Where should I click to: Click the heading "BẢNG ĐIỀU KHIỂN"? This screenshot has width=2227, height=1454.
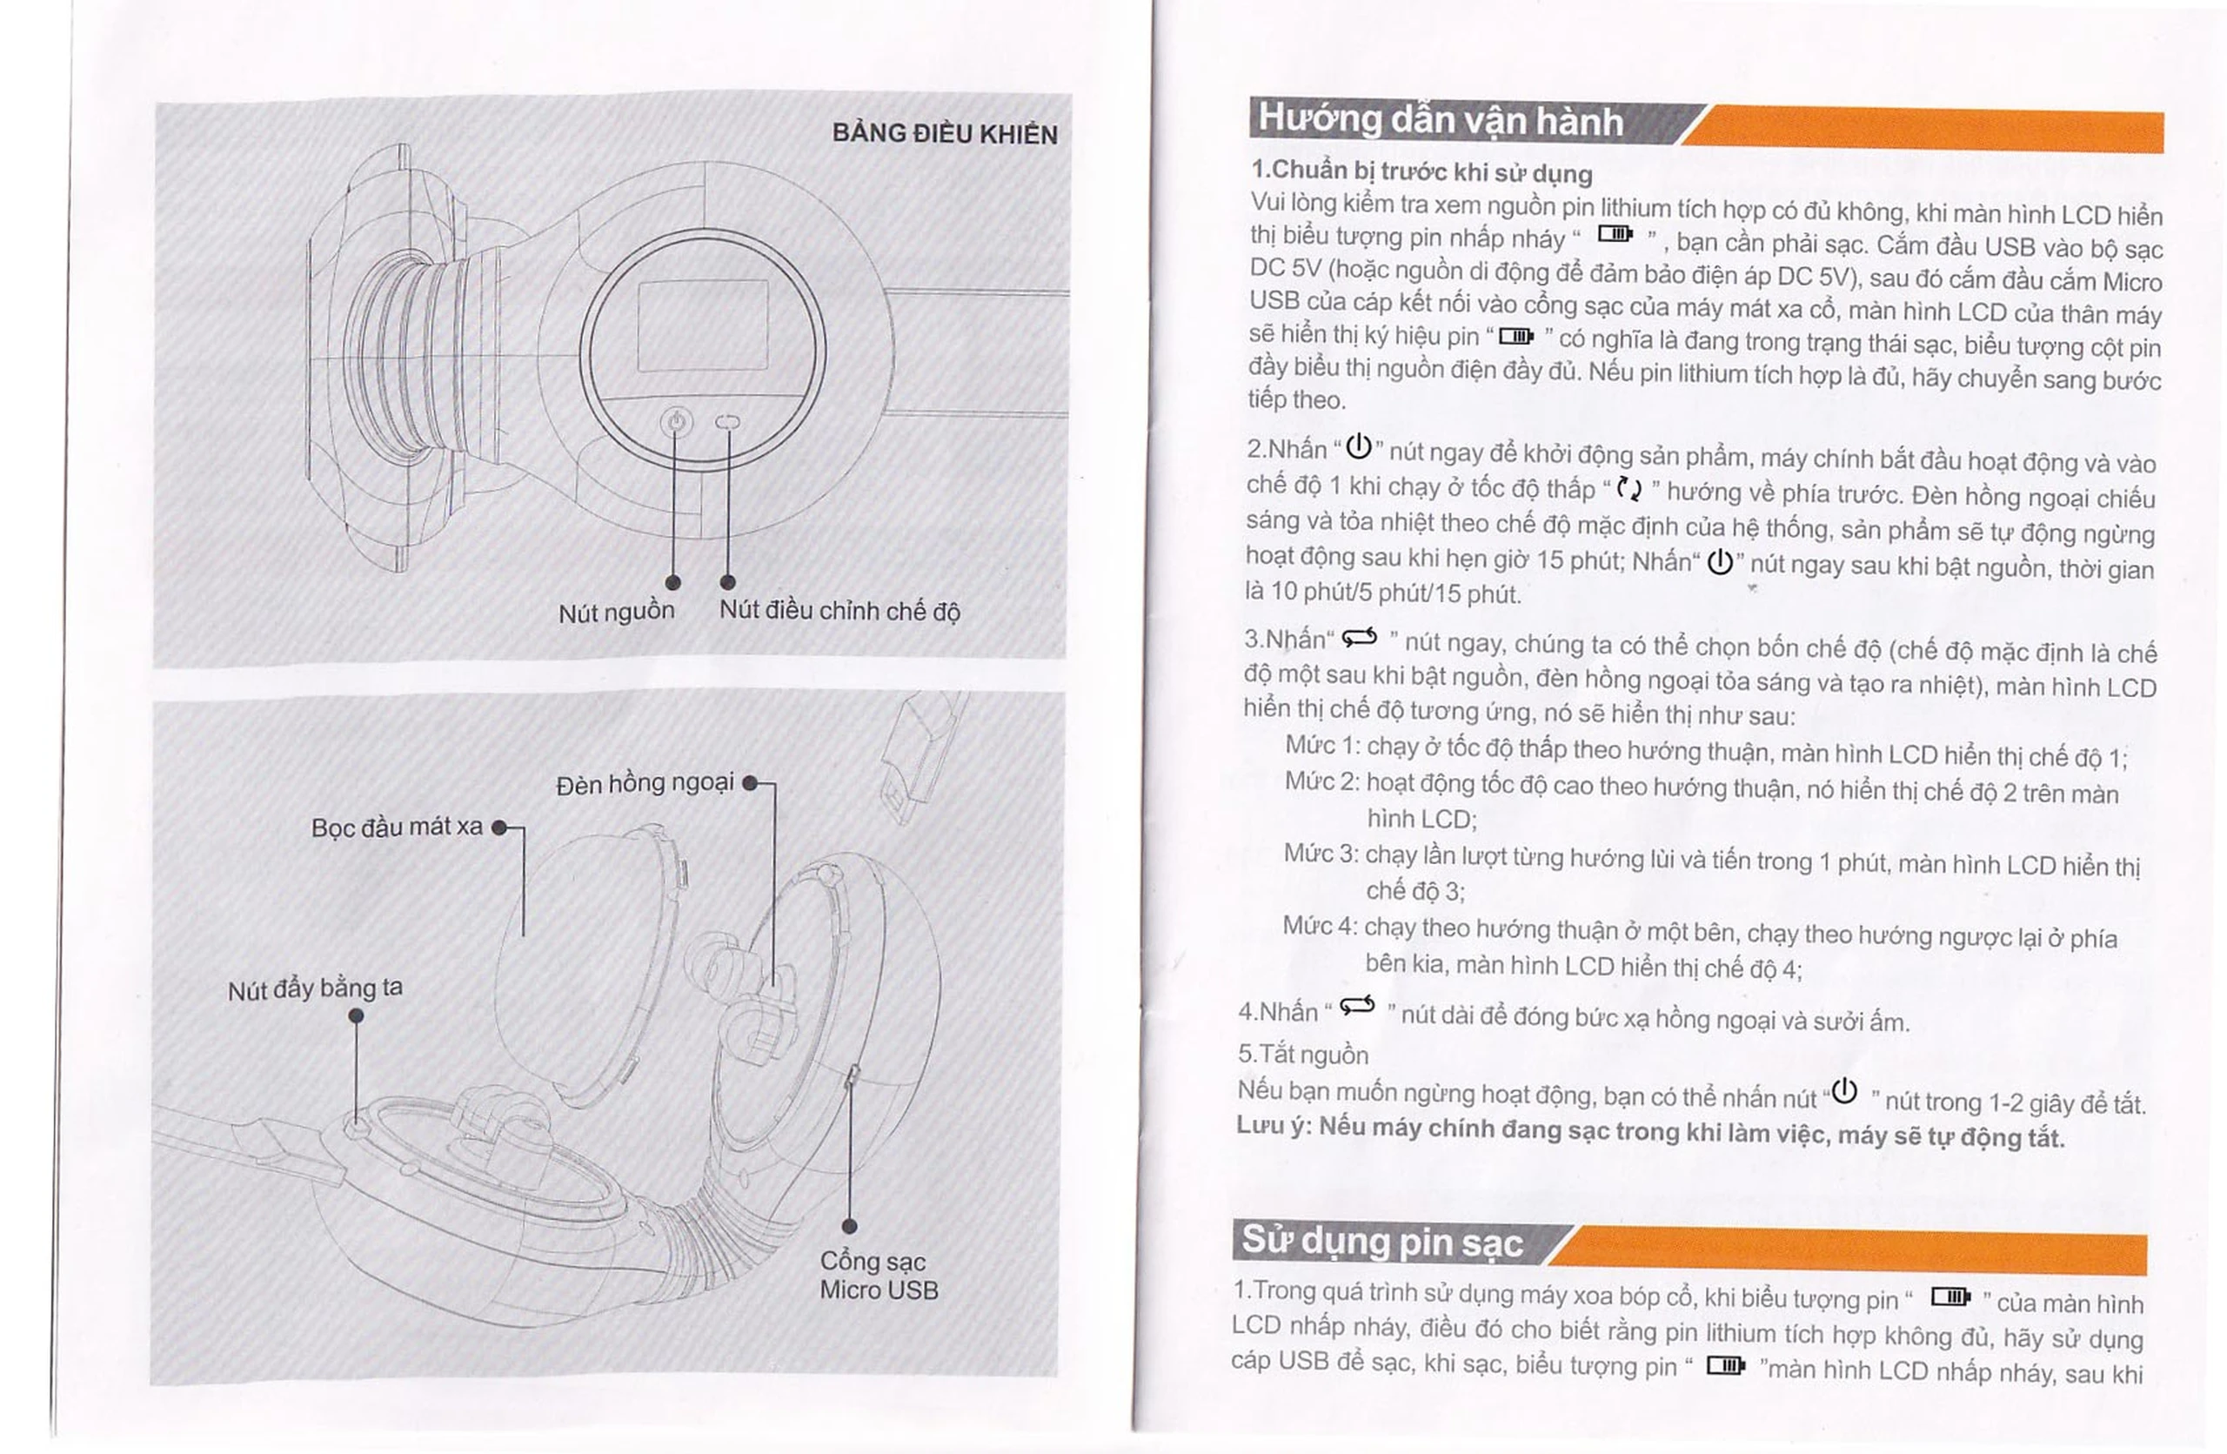[x=945, y=135]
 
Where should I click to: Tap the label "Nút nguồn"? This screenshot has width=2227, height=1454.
[x=617, y=612]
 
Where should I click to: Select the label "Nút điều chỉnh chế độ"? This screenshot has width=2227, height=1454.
[x=839, y=611]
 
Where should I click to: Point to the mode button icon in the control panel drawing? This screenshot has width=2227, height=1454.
[x=727, y=422]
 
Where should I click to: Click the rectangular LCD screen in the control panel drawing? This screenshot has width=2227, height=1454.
[x=702, y=325]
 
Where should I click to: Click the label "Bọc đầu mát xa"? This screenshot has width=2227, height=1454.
[x=397, y=828]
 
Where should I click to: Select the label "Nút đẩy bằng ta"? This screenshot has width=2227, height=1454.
[x=315, y=989]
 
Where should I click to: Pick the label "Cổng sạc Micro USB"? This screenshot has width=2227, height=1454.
[x=879, y=1276]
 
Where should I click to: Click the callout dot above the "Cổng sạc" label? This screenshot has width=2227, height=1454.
[x=850, y=1227]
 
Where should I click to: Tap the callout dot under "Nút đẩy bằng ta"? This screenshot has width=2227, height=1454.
[x=356, y=1016]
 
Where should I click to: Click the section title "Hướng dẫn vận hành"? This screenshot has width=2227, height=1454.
[x=1440, y=121]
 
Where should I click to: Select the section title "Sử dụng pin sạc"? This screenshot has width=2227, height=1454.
[x=1382, y=1242]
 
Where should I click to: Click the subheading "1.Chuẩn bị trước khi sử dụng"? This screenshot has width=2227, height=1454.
[x=1421, y=171]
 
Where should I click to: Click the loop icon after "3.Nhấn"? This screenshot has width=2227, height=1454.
[x=1360, y=638]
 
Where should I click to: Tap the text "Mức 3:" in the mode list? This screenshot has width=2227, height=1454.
[x=1321, y=854]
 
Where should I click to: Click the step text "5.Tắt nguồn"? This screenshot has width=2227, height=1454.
[x=1302, y=1055]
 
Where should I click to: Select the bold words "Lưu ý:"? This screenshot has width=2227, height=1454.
[x=1274, y=1127]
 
